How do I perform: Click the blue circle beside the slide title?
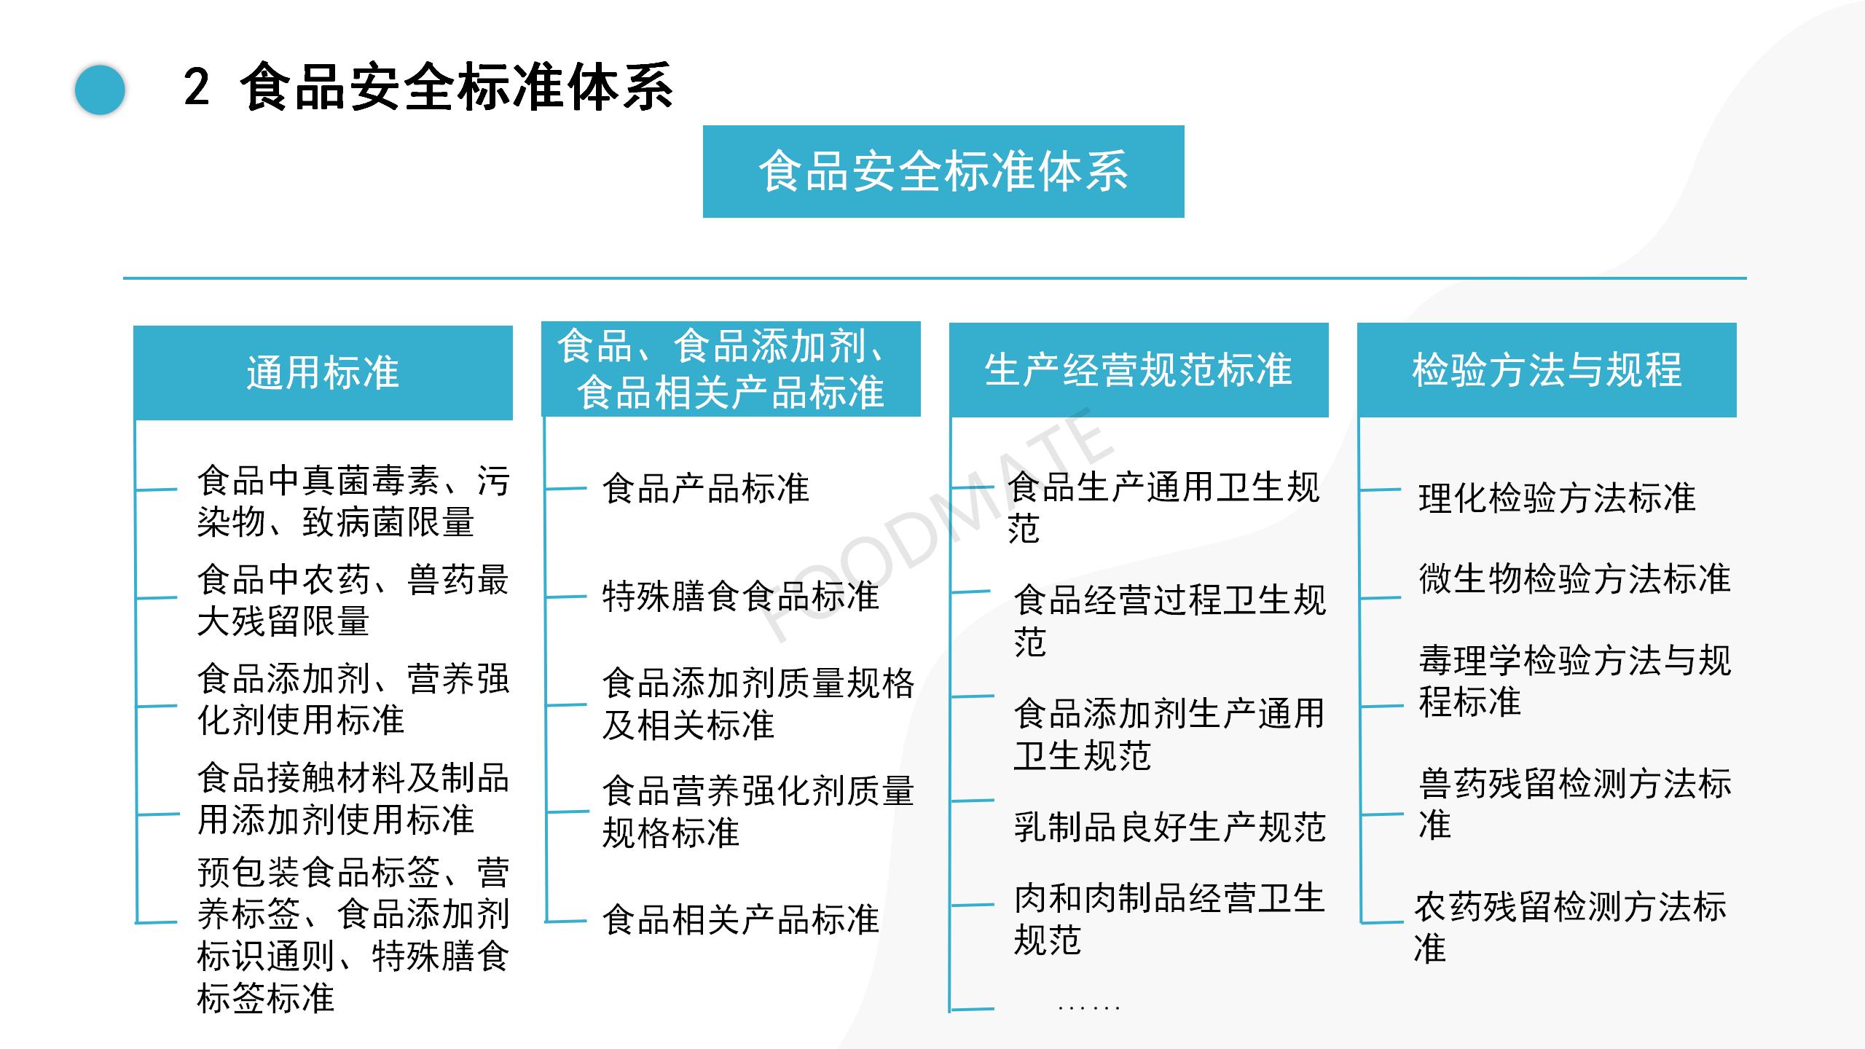point(101,90)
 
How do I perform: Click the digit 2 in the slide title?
point(197,87)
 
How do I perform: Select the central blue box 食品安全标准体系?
point(943,171)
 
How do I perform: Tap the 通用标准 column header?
point(323,372)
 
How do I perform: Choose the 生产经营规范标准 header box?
point(1139,370)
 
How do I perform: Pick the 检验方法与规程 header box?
point(1547,370)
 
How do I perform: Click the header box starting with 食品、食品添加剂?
point(731,369)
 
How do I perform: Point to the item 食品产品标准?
point(705,488)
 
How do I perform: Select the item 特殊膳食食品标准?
point(741,597)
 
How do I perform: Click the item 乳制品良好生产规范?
point(1169,827)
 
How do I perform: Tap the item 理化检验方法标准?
point(1557,498)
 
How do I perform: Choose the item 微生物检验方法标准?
point(1574,579)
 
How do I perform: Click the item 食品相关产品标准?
point(741,919)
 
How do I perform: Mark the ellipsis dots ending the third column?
point(1088,1008)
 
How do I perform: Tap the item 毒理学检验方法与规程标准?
point(1574,681)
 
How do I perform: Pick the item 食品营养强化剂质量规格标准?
point(758,812)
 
